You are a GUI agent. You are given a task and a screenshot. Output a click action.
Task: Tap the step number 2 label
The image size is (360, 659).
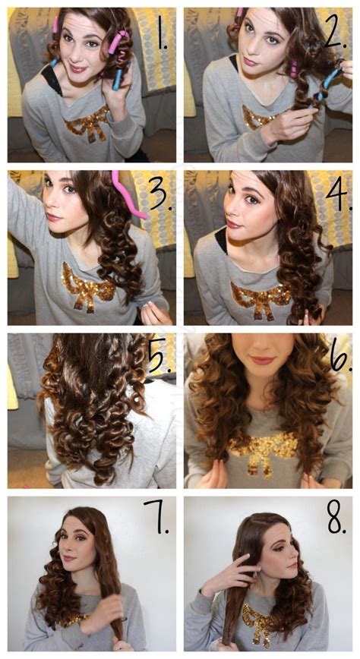[335, 33]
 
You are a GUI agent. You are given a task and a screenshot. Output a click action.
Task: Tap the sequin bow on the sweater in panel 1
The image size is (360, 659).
[89, 124]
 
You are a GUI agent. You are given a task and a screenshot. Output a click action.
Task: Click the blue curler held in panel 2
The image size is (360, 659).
[330, 84]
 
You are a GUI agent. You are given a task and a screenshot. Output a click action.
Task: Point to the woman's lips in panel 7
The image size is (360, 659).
[69, 559]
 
